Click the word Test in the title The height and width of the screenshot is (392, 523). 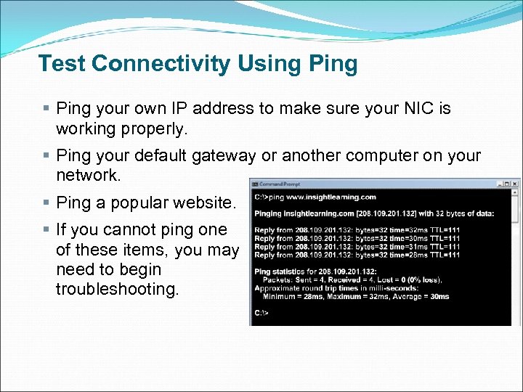click(62, 64)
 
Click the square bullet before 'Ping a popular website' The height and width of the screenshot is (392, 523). click(46, 203)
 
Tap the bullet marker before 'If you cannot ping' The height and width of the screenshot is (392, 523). click(46, 230)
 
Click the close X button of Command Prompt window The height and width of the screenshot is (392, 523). click(515, 184)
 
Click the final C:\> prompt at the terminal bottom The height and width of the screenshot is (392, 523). click(261, 313)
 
